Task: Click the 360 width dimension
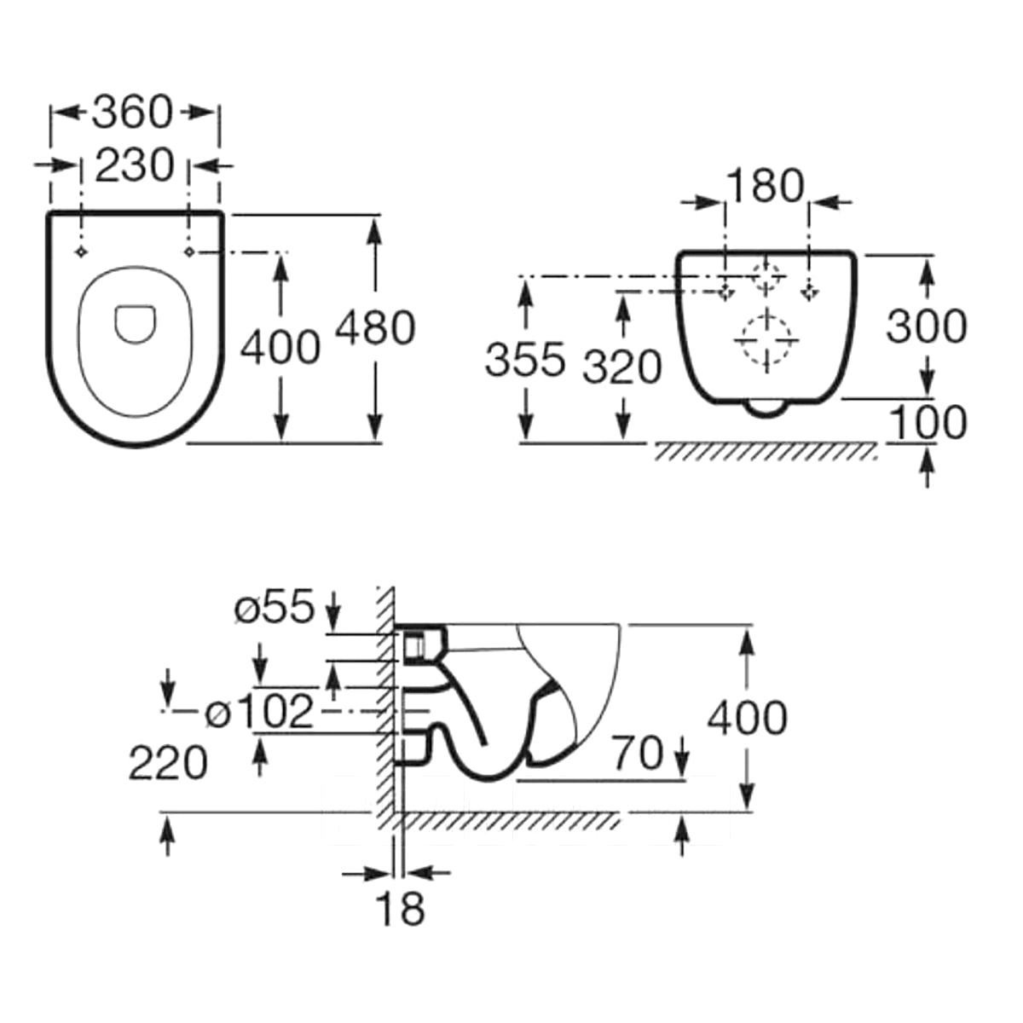tap(133, 113)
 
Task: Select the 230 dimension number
tap(134, 165)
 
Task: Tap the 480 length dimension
tap(375, 328)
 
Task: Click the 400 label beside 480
tap(280, 347)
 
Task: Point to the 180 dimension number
tap(766, 187)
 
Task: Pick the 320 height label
tap(622, 367)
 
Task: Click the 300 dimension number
tap(927, 326)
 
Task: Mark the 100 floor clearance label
tap(927, 422)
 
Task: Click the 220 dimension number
tap(168, 763)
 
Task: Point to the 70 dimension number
tap(638, 753)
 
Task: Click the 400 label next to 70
tap(747, 718)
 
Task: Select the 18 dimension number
tap(401, 909)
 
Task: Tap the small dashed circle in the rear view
tap(767, 277)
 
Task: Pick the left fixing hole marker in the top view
tap(81, 252)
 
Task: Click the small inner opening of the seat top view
tap(136, 324)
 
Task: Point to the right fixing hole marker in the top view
tap(189, 252)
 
